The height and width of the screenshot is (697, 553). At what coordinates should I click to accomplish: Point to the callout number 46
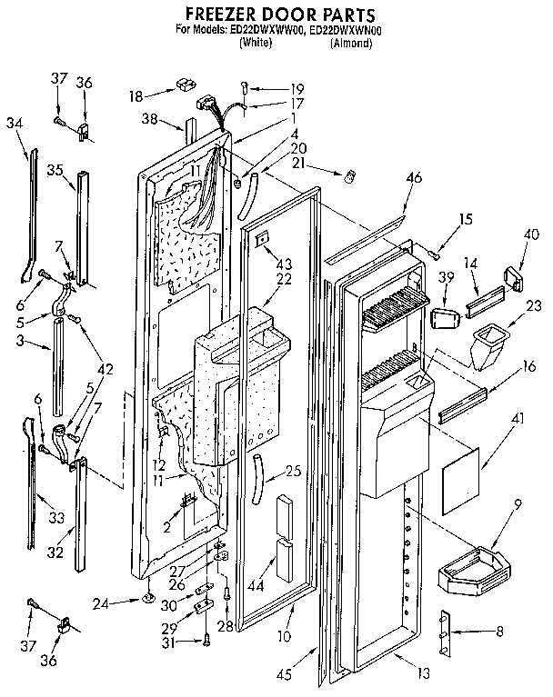413,179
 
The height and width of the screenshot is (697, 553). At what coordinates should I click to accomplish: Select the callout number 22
285,280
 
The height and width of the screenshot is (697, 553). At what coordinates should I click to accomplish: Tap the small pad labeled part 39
444,320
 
